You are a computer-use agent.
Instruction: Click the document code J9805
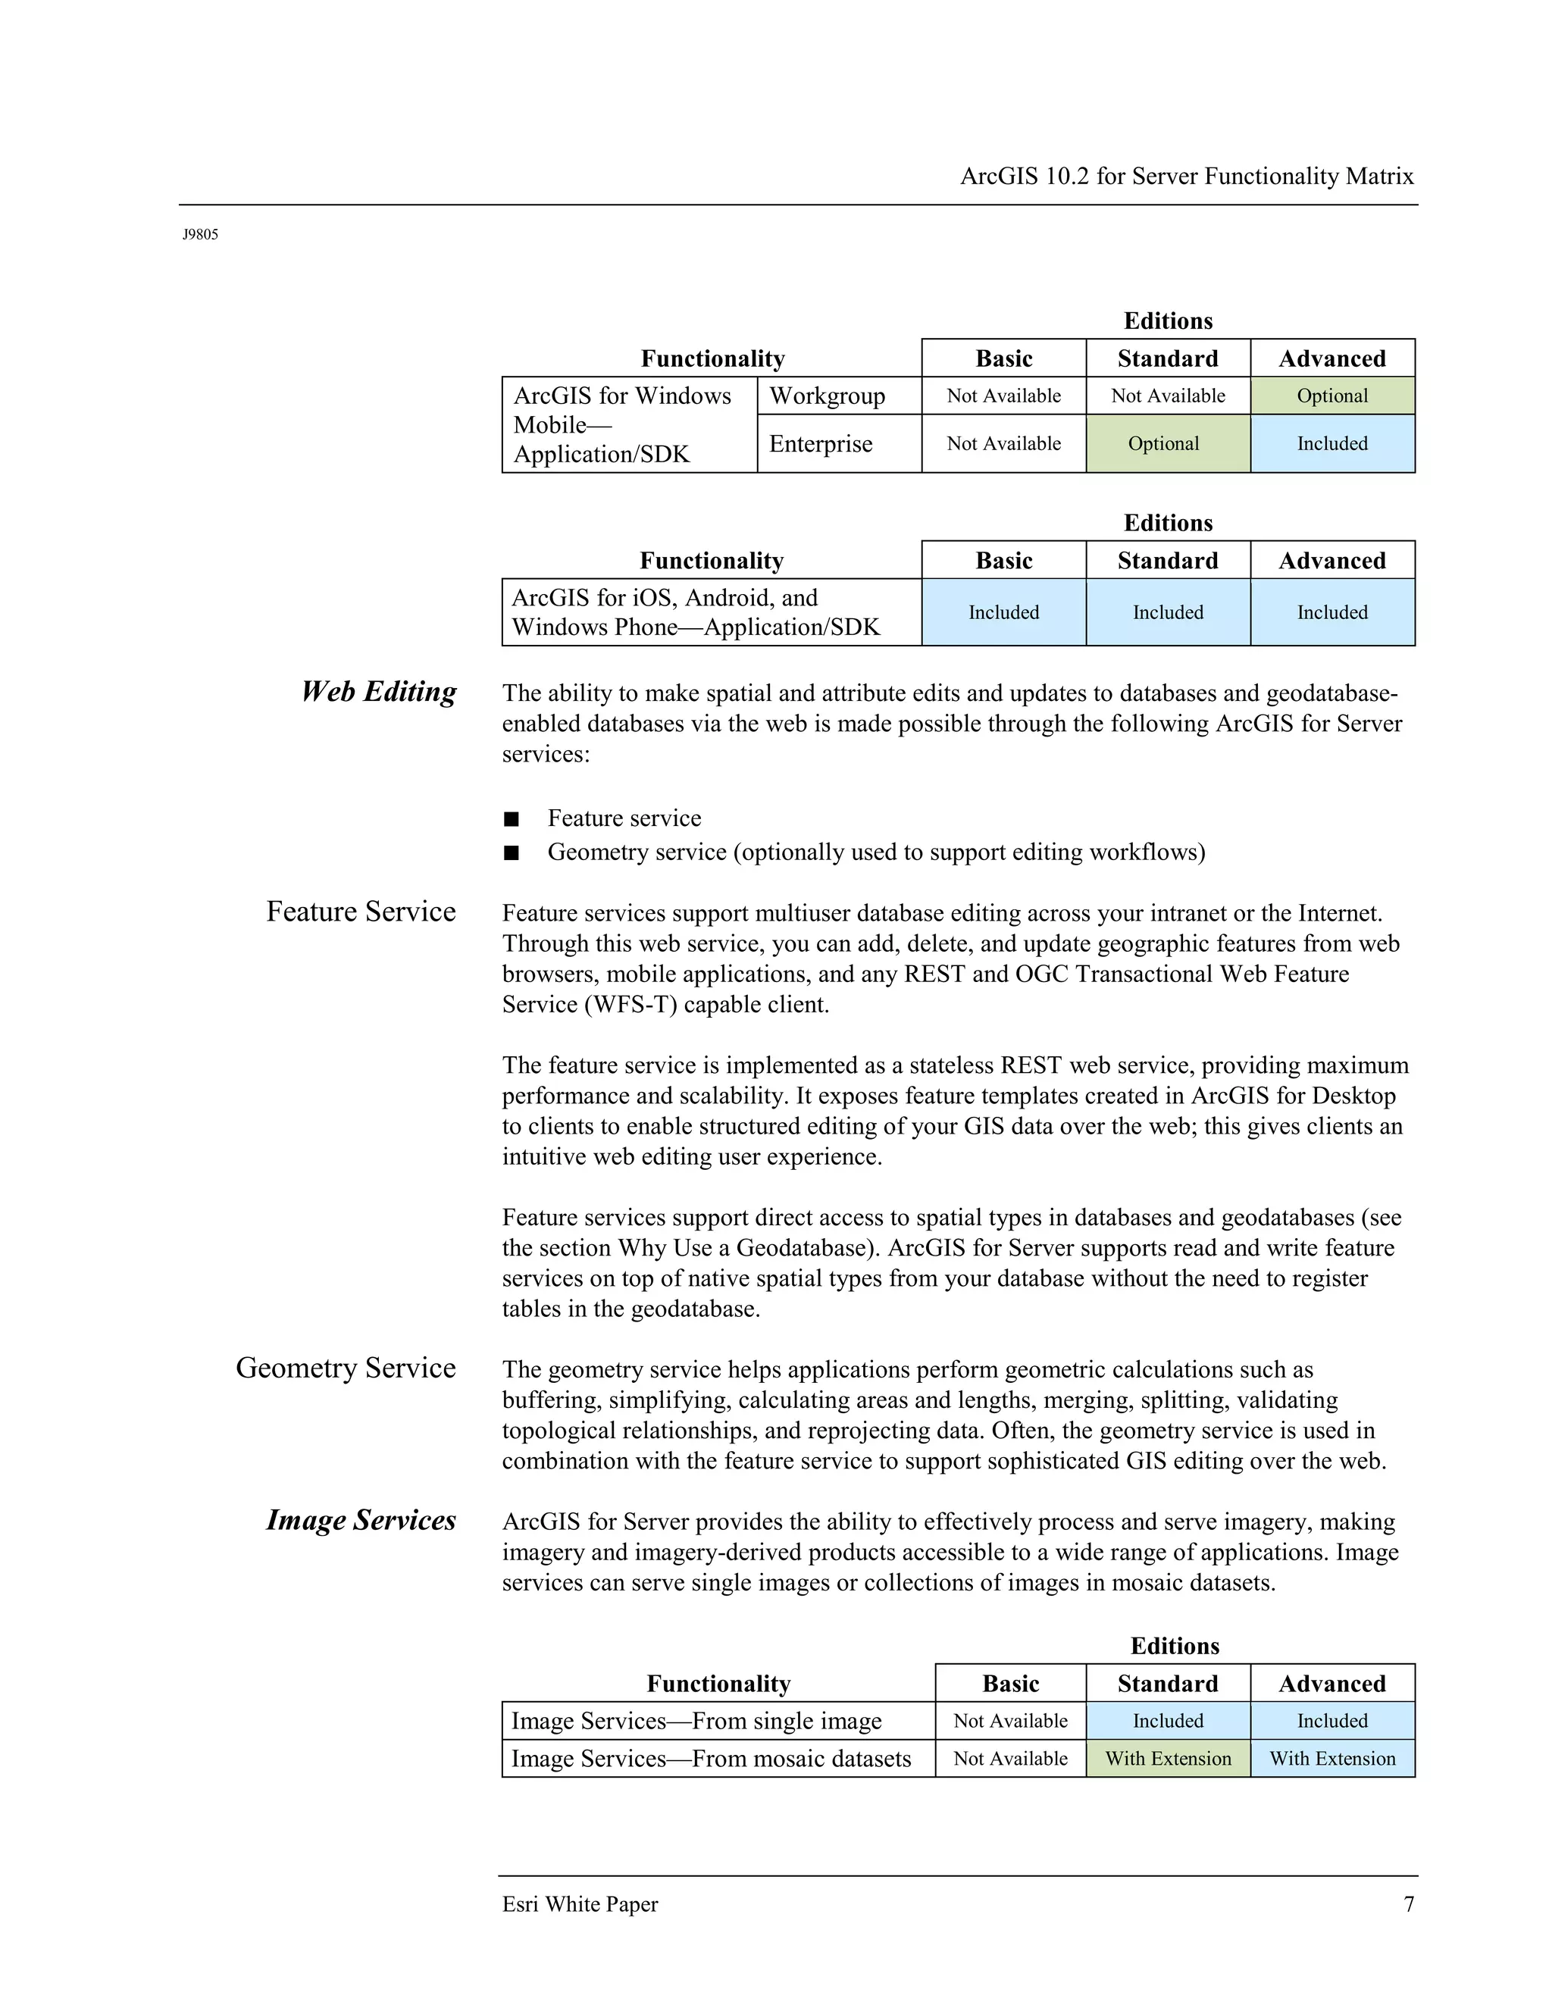point(200,234)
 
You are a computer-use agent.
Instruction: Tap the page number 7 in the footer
point(1409,1904)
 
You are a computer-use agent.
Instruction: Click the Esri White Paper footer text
point(580,1904)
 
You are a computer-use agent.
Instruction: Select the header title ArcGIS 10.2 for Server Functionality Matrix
point(1187,177)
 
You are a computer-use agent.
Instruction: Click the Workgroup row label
point(828,396)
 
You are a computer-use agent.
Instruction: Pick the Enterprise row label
point(821,444)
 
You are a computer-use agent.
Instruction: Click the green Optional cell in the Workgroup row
point(1332,396)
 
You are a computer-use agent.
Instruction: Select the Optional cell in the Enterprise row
point(1164,444)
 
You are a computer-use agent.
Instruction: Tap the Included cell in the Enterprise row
point(1332,444)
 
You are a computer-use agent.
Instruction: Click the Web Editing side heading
point(379,691)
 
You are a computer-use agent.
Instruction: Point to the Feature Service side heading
point(361,911)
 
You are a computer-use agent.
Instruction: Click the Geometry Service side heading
point(346,1368)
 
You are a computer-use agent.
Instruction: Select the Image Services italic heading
point(361,1520)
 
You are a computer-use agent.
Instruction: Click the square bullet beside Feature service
point(512,819)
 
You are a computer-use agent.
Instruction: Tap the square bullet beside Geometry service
point(512,853)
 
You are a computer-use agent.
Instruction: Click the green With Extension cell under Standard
point(1168,1759)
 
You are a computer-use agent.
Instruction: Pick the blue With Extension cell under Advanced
point(1332,1759)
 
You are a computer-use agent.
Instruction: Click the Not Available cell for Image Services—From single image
point(1010,1721)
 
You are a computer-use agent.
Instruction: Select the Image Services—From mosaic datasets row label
point(711,1759)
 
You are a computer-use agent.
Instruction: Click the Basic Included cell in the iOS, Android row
point(1004,612)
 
